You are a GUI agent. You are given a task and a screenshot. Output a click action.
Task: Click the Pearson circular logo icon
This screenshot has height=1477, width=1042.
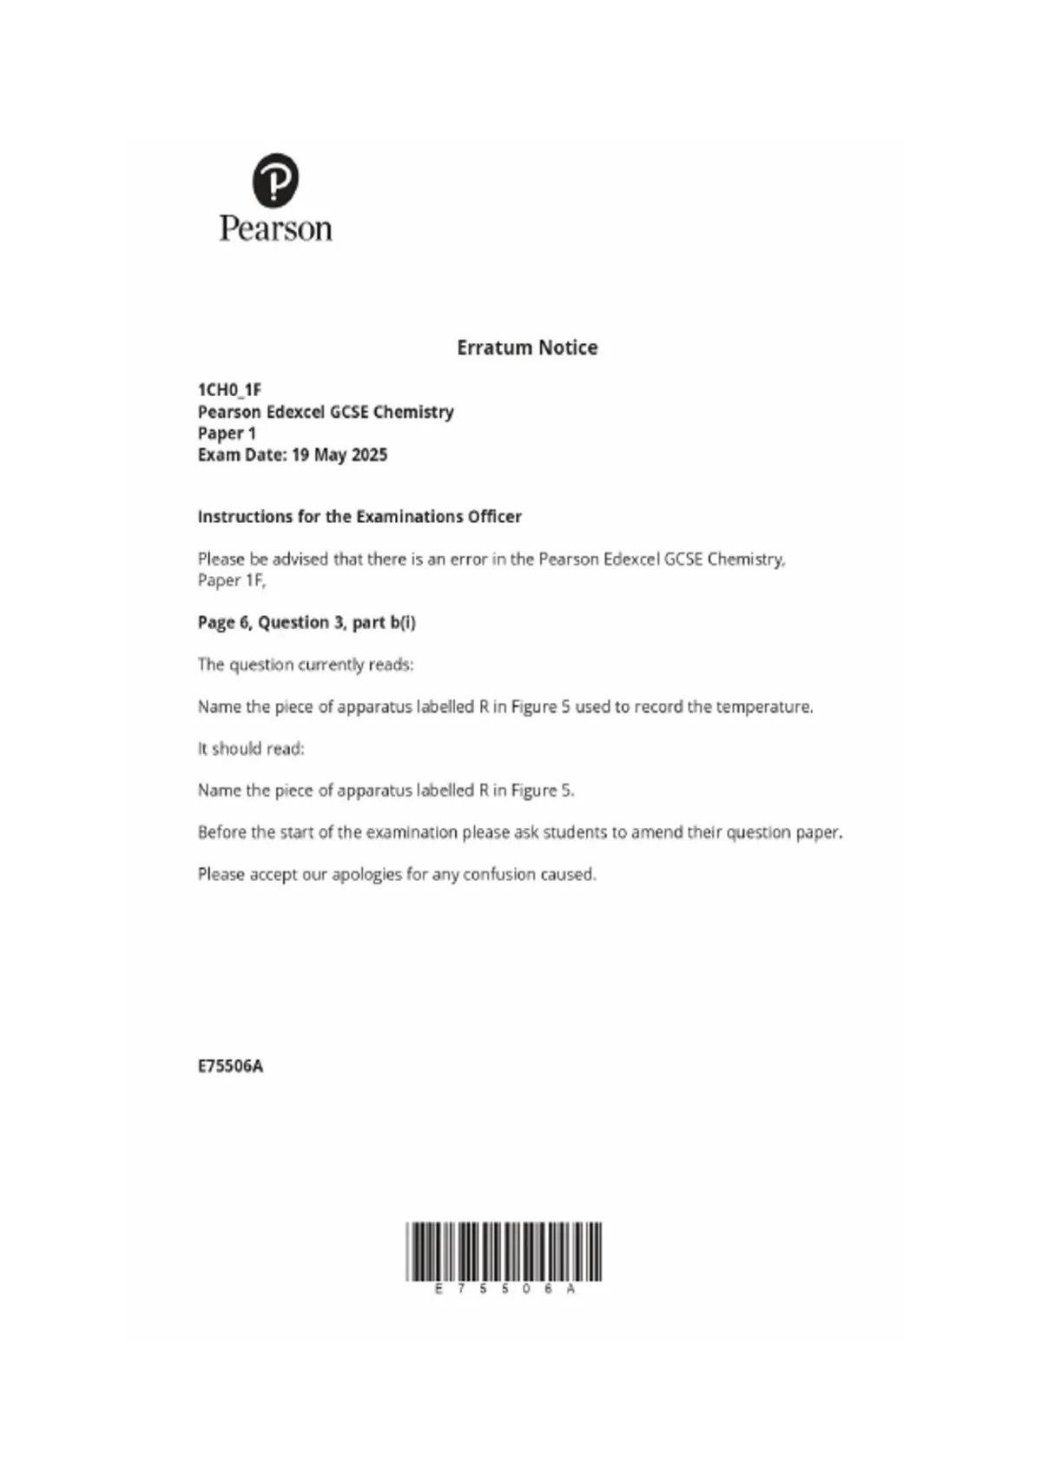click(x=275, y=181)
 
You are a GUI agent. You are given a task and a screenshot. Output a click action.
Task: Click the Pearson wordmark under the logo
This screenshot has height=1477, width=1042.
click(x=275, y=229)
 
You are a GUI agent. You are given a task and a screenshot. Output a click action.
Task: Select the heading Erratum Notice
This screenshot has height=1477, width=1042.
click(x=527, y=348)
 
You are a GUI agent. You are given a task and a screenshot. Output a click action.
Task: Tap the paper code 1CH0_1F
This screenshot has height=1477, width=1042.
click(x=229, y=390)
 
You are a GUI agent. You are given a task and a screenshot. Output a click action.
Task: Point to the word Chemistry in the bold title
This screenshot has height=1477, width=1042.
click(x=413, y=412)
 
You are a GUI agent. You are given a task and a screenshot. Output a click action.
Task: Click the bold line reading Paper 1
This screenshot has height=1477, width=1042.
click(x=227, y=434)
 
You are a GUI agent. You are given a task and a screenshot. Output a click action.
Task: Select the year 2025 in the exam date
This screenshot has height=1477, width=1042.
click(x=370, y=455)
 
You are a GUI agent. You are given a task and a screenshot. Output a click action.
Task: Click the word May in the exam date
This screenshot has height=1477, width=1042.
click(x=330, y=455)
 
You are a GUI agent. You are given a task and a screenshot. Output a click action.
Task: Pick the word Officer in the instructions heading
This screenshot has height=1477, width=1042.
click(x=494, y=517)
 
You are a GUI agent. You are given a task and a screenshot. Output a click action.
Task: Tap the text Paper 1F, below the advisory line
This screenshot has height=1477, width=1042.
click(x=232, y=580)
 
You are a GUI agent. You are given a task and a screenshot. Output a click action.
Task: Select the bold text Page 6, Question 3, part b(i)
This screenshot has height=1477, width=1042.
click(x=307, y=623)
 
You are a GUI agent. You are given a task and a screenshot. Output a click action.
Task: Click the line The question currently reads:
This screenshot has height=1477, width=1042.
click(x=306, y=665)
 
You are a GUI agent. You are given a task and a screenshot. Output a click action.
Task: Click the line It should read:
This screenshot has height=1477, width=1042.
click(x=251, y=749)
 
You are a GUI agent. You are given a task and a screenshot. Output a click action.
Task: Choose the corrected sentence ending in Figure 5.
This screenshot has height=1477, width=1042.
click(x=386, y=791)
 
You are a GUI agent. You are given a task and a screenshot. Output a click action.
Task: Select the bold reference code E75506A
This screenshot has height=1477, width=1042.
click(x=230, y=1066)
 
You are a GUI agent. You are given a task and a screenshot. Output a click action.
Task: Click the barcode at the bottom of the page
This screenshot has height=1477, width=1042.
click(x=504, y=1251)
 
